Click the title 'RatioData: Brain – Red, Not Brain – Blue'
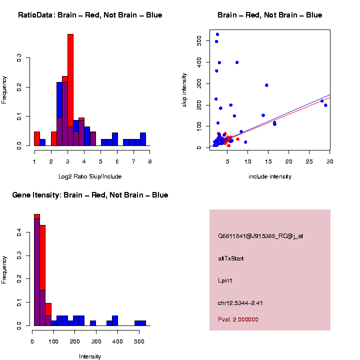click(90, 15)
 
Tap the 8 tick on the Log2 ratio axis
click(149, 161)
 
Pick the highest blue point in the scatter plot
click(217, 34)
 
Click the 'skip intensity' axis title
click(184, 89)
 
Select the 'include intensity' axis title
click(270, 176)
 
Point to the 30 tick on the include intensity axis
click(330, 161)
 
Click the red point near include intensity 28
click(322, 101)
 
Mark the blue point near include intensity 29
click(325, 105)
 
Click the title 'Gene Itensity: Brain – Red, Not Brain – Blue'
click(90, 195)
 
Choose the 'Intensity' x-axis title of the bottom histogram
click(90, 356)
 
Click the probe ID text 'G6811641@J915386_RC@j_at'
click(260, 236)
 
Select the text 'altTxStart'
click(230, 258)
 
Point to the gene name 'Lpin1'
click(225, 280)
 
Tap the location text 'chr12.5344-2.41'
click(240, 303)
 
